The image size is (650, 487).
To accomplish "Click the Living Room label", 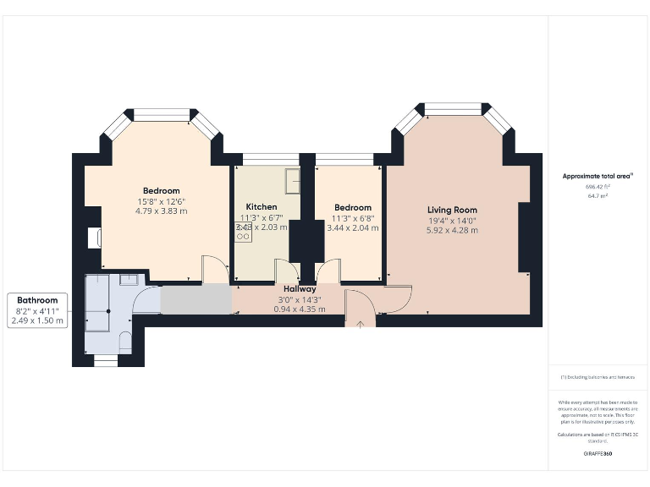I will tap(452, 210).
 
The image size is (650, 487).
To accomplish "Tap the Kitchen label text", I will tap(261, 207).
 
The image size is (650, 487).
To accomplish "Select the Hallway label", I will tap(300, 289).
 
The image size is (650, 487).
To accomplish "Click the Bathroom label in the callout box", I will tap(38, 300).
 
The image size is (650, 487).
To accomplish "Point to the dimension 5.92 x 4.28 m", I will tap(452, 230).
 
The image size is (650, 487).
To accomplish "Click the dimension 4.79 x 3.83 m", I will tap(161, 211).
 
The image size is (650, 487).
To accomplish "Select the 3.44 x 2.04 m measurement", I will tap(353, 227).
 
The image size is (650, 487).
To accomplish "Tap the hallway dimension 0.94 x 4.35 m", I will tap(300, 309).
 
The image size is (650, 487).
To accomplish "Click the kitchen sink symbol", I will tap(292, 179).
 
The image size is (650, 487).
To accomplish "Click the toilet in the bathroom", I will tap(125, 341).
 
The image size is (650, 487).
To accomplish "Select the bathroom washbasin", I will tap(129, 279).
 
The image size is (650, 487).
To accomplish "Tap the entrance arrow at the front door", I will tap(361, 323).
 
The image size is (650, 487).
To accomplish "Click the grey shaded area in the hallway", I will tap(196, 300).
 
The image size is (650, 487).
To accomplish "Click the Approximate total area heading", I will tap(597, 176).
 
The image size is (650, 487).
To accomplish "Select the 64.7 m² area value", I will tap(597, 195).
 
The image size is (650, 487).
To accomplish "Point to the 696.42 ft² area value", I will tap(597, 187).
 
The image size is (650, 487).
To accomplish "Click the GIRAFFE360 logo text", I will tap(597, 454).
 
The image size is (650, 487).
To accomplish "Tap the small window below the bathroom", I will tap(105, 360).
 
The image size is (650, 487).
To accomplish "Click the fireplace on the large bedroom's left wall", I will tap(93, 238).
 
